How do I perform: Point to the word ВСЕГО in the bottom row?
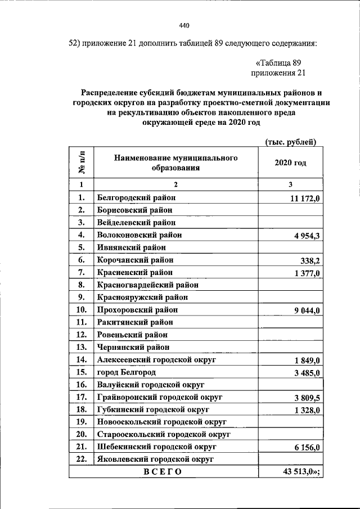tap(163, 472)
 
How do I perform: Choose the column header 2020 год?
tap(290, 163)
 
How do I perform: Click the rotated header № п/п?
tap(82, 163)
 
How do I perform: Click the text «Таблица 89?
tap(279, 62)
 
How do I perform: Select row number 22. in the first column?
tap(82, 459)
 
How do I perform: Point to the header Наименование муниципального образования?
tap(175, 163)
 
